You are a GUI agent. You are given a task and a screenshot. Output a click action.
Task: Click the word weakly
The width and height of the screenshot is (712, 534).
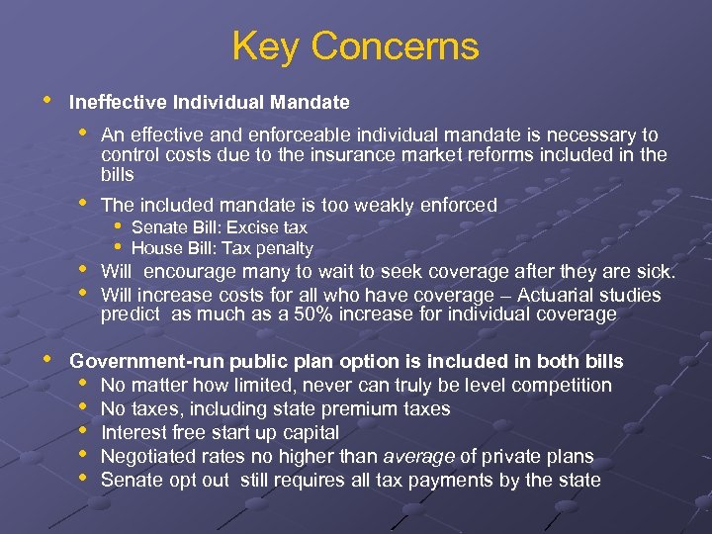[378, 206]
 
